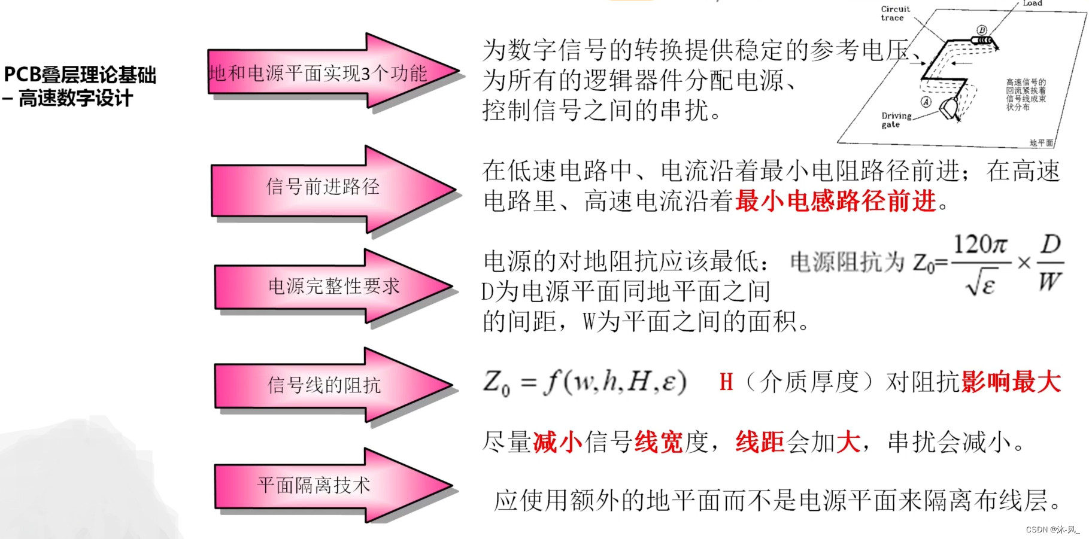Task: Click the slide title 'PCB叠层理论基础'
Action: pyautogui.click(x=80, y=75)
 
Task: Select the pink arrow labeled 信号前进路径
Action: pyautogui.click(x=323, y=187)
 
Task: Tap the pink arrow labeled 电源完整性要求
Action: pyautogui.click(x=333, y=287)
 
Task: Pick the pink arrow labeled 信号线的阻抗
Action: pyautogui.click(x=324, y=385)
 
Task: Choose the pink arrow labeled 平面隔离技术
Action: pyautogui.click(x=314, y=485)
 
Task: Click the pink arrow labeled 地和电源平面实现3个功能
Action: pyautogui.click(x=318, y=74)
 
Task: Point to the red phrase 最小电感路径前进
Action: pyautogui.click(x=836, y=201)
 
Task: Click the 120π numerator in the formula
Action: pyautogui.click(x=980, y=245)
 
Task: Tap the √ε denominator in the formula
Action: pyautogui.click(x=980, y=283)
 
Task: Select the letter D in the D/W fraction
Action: pyautogui.click(x=1051, y=244)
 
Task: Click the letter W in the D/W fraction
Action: pyautogui.click(x=1050, y=281)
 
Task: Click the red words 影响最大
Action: pyautogui.click(x=1011, y=382)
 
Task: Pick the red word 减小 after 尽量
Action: pyautogui.click(x=557, y=443)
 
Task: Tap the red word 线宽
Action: pyautogui.click(x=659, y=443)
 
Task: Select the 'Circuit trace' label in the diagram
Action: pyautogui.click(x=895, y=13)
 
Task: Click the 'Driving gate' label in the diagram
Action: pyautogui.click(x=896, y=120)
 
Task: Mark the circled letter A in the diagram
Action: pyautogui.click(x=926, y=102)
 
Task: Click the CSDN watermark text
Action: pyautogui.click(x=1052, y=529)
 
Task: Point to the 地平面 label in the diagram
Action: pyautogui.click(x=1041, y=143)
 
